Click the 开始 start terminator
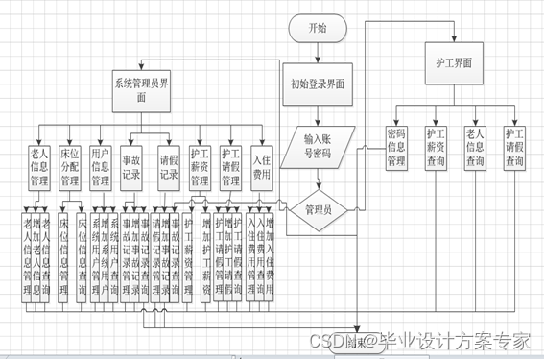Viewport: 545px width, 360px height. pos(317,29)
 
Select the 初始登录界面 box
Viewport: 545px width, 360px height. pos(317,84)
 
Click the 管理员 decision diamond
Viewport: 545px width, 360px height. pos(318,208)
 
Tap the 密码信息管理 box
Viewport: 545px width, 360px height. pos(396,148)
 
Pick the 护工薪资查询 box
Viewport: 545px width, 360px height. pos(436,148)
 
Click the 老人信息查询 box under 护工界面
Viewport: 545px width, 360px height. pos(474,148)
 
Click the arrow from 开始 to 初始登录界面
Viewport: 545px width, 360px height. pos(317,53)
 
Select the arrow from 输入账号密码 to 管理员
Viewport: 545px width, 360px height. pos(318,179)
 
